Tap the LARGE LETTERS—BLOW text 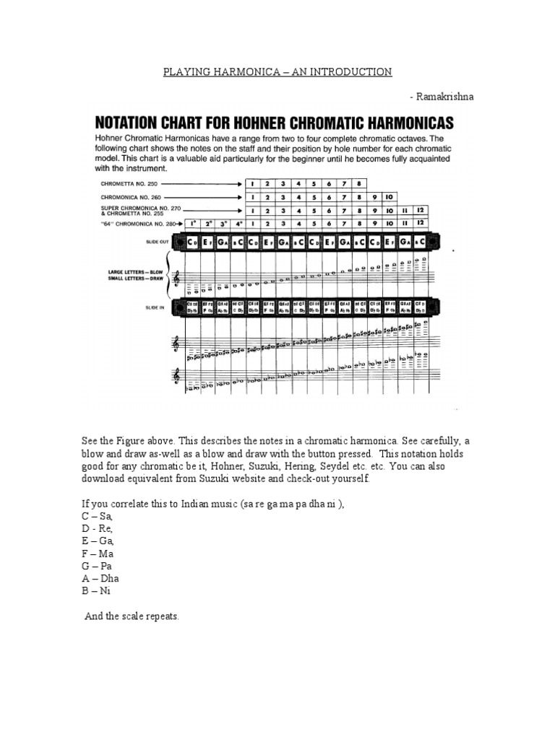click(127, 271)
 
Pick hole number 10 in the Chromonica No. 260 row click(389, 196)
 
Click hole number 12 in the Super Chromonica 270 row click(420, 210)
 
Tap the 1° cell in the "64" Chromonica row click(192, 224)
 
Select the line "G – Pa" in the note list click(100, 566)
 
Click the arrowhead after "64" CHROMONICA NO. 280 click(181, 224)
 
